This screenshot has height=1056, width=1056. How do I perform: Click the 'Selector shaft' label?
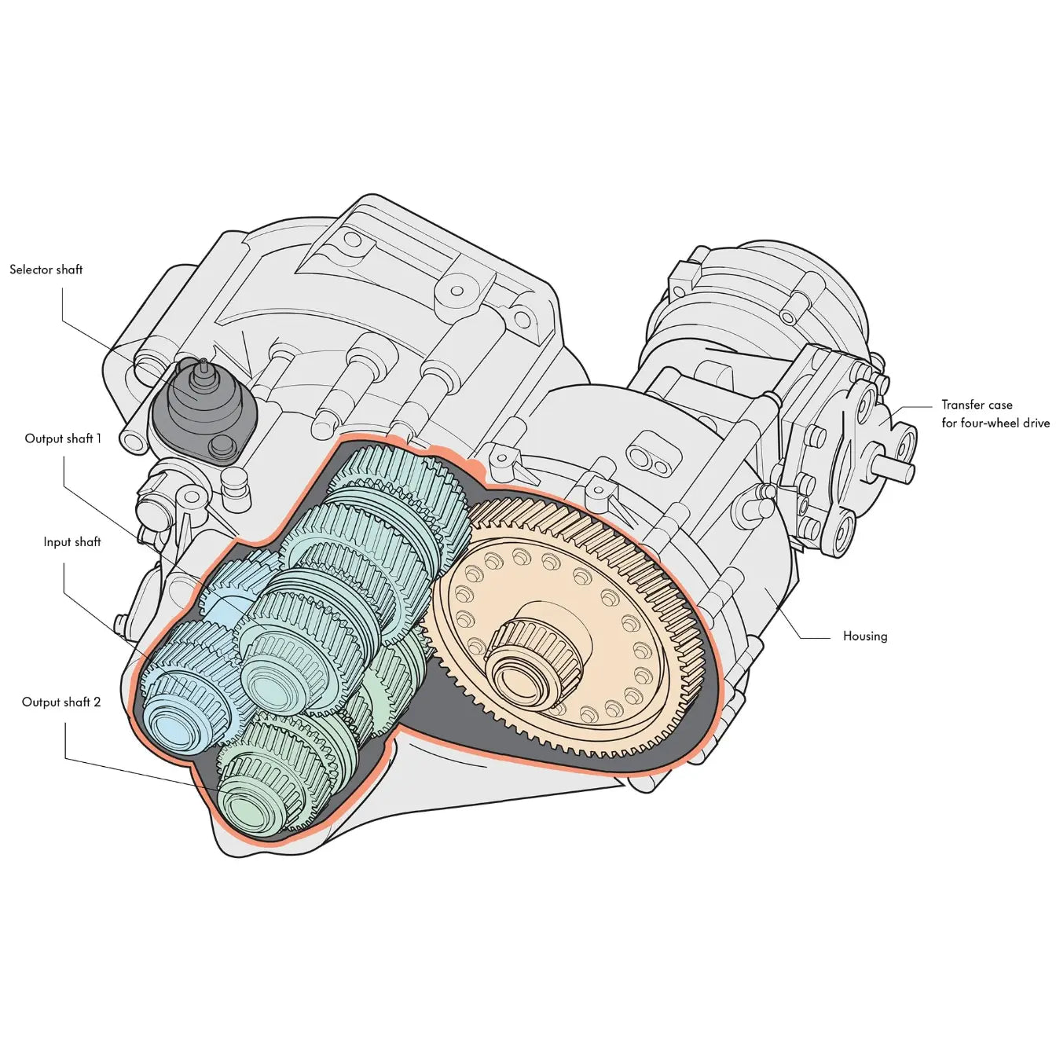tap(46, 269)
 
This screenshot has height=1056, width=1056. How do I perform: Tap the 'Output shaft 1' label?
tap(63, 438)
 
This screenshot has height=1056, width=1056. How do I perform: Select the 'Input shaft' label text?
tap(72, 541)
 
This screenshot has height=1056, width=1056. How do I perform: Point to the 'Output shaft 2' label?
tap(61, 702)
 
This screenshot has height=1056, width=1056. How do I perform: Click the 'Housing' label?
tap(865, 636)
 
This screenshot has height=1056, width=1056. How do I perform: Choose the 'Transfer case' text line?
tap(977, 405)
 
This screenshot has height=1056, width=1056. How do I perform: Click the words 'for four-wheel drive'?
tap(995, 423)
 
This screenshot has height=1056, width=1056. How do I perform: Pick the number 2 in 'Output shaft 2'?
tap(97, 702)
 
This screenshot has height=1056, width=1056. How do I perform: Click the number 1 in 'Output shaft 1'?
tap(98, 438)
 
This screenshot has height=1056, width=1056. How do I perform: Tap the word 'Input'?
tap(57, 541)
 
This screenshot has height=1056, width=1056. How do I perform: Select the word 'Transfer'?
tap(964, 405)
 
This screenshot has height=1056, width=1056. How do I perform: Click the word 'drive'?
tap(1035, 423)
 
